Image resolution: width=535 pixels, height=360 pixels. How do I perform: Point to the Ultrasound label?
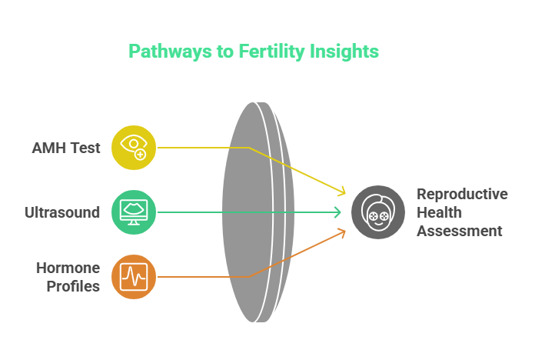tap(61, 212)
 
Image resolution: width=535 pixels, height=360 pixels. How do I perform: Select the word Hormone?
tap(68, 268)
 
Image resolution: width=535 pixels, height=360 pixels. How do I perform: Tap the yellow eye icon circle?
tap(134, 148)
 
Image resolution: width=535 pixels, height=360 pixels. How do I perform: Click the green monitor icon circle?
tap(134, 212)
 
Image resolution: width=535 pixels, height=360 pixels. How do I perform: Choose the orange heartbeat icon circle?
tap(134, 277)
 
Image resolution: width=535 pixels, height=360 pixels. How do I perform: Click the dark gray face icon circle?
tap(377, 212)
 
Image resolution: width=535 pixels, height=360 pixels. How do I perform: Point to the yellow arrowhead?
tap(341, 192)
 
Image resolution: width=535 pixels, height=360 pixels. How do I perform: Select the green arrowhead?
tap(338, 212)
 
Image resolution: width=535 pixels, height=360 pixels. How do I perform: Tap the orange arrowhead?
tap(341, 232)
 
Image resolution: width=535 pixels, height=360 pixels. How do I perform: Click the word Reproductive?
tap(462, 194)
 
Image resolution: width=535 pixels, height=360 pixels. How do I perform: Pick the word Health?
tap(440, 212)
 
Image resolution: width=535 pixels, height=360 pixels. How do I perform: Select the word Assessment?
tap(460, 231)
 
